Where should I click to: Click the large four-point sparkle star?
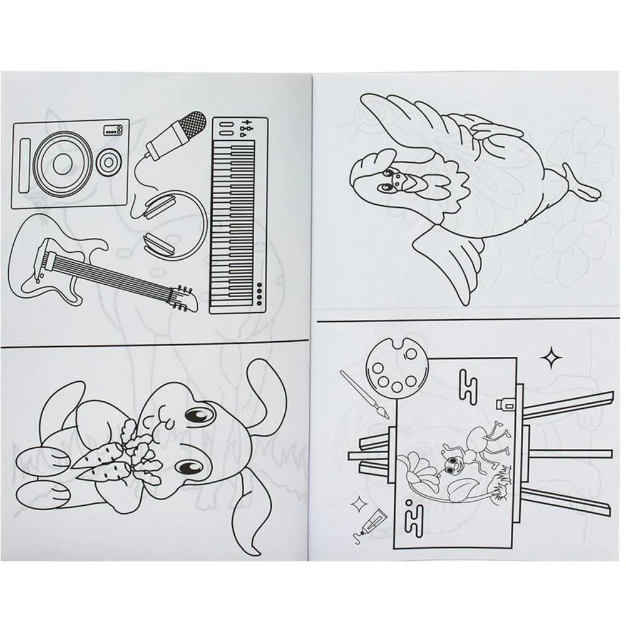point(551,359)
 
